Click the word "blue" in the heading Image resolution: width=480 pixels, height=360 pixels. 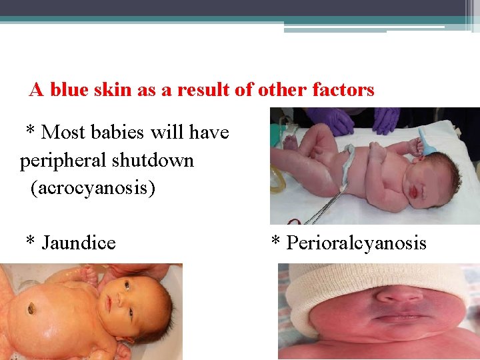tap(68, 90)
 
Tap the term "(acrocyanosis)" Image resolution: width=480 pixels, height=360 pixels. tap(93, 189)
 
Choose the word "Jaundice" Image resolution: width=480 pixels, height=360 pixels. tap(79, 243)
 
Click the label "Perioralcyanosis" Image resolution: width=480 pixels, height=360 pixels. tap(356, 243)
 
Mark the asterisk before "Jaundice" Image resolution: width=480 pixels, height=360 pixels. tap(30, 241)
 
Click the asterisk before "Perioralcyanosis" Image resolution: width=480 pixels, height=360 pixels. tap(275, 241)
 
